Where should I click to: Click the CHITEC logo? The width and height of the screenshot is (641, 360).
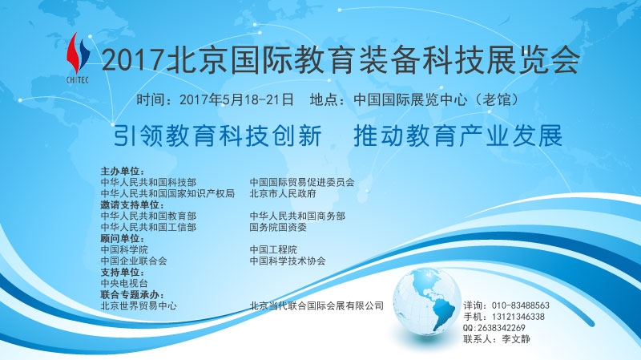pyautogui.click(x=79, y=59)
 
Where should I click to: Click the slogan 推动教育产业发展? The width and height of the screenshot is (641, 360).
pyautogui.click(x=458, y=135)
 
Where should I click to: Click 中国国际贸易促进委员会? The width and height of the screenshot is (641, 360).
pyautogui.click(x=301, y=183)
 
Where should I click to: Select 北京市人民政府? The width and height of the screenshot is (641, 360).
pyautogui.click(x=283, y=194)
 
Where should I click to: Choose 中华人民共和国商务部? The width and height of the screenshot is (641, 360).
pyautogui.click(x=296, y=216)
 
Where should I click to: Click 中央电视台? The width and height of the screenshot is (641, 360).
pyautogui.click(x=124, y=284)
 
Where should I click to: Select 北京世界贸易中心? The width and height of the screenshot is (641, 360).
pyautogui.click(x=139, y=306)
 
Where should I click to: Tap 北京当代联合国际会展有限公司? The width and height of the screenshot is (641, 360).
pyautogui.click(x=316, y=306)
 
